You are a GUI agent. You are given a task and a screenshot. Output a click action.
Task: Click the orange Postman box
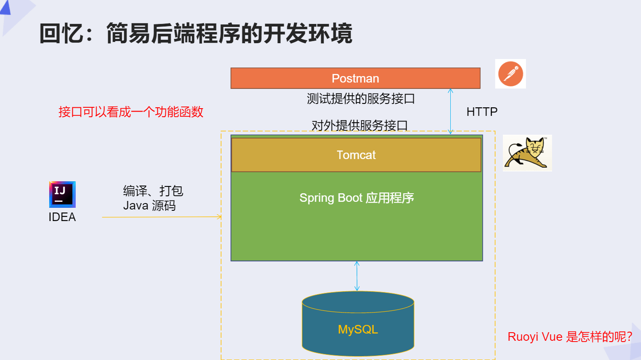coord(355,78)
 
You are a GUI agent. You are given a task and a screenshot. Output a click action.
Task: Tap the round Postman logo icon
coord(511,74)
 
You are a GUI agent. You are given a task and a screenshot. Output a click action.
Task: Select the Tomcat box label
coord(356,155)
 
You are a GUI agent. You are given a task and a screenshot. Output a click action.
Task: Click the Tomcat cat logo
coord(527,153)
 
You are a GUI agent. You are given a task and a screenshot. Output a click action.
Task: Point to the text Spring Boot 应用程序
coord(356,198)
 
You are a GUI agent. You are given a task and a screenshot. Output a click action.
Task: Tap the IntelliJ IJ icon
coord(62,194)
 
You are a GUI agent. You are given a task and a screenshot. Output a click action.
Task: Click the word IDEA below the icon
coord(62,217)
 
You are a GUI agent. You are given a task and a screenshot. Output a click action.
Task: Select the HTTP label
coord(482,112)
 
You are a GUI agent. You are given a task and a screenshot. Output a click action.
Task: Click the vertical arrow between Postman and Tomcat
coord(450,111)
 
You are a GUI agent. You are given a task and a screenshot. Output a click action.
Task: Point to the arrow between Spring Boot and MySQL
coord(357,276)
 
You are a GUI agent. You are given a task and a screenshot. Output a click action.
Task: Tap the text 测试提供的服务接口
coord(360,99)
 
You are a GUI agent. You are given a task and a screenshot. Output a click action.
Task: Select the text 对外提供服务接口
coord(359,125)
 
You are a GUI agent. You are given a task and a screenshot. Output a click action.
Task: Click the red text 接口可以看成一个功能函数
coord(131,112)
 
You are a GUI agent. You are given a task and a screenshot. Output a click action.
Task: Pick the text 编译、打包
coord(153,191)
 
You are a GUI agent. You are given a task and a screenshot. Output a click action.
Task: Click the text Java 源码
coord(149,206)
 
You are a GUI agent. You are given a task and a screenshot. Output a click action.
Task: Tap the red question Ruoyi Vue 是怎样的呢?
coord(569,337)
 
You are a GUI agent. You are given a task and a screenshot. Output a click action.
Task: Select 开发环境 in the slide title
coord(307,33)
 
